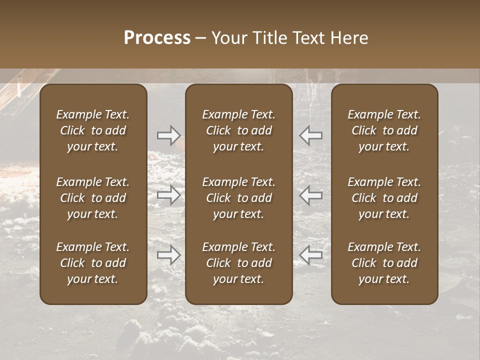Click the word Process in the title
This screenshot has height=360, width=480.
[157, 38]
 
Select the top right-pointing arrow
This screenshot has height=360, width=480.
[168, 135]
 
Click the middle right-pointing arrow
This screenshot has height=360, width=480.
[168, 195]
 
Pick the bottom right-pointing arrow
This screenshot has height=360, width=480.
[168, 255]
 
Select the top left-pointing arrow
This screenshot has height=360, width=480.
[311, 135]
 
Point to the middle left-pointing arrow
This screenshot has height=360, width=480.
[311, 195]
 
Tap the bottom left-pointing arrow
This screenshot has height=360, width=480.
[311, 255]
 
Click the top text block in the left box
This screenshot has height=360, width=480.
[93, 130]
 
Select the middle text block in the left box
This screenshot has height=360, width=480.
[93, 198]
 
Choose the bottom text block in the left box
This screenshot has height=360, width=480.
[93, 263]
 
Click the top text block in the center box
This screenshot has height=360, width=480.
[239, 130]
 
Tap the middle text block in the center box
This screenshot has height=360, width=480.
[239, 198]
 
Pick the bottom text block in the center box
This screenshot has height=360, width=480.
[239, 263]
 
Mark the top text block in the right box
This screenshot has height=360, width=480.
[384, 130]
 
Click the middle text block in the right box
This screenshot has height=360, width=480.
[384, 198]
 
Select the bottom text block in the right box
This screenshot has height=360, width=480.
[384, 263]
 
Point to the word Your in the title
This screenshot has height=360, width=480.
[229, 38]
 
